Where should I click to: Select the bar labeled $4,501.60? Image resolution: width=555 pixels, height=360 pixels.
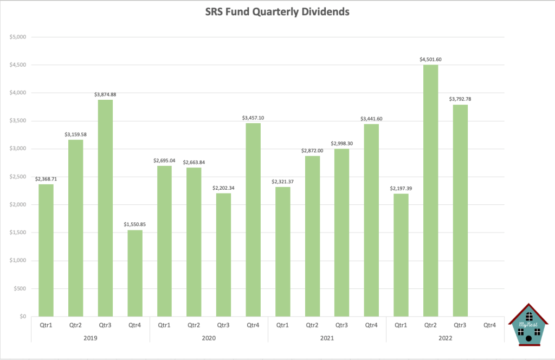430,190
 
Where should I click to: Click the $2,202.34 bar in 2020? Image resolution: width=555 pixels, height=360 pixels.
223,254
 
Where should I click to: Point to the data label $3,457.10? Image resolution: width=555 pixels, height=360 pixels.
253,118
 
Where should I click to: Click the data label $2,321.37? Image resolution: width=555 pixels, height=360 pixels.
282,181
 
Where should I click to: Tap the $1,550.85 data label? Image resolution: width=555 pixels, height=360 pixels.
134,224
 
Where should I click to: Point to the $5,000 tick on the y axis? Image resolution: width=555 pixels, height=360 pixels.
18,37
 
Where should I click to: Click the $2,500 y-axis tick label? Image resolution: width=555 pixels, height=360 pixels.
18,177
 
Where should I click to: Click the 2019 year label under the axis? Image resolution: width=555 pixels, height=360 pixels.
90,338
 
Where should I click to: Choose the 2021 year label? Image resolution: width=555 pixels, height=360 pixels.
327,338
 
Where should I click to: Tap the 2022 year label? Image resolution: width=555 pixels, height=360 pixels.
445,338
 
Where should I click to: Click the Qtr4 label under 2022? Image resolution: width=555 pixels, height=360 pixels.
489,325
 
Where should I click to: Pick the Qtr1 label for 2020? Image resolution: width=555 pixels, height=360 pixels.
164,325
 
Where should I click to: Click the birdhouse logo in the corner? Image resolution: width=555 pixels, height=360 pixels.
528,325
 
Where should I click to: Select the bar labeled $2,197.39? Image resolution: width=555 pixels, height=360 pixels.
401,255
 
